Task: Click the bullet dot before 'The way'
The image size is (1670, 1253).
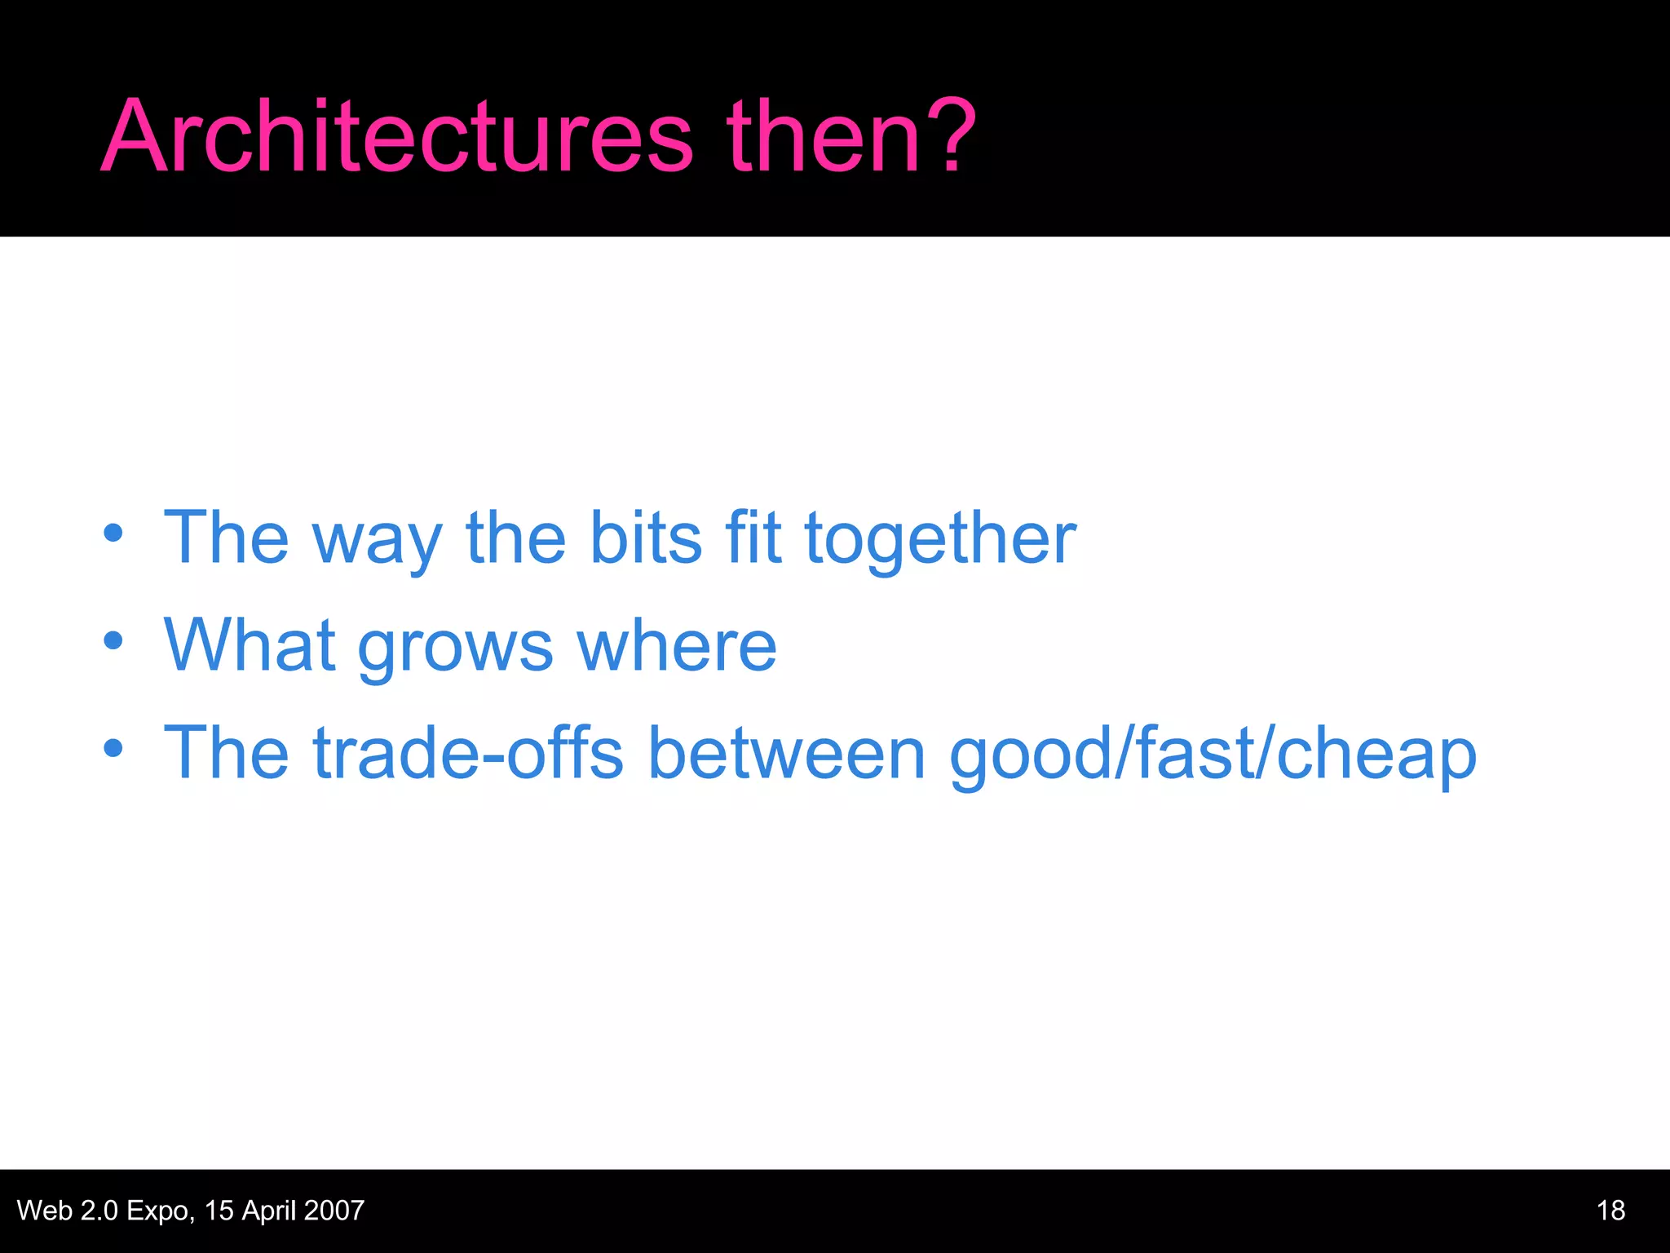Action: tap(113, 534)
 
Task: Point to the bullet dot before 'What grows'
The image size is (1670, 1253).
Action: tap(113, 641)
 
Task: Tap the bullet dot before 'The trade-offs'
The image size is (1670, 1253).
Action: tap(113, 748)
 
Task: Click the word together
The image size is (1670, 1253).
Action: tap(940, 539)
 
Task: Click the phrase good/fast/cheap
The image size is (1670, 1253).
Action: tap(1213, 755)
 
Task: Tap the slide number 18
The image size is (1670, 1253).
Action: tap(1610, 1211)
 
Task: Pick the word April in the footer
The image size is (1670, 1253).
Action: tap(268, 1211)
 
